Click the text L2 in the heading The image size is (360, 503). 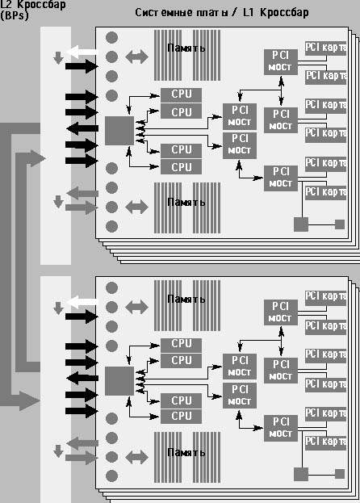(x=6, y=4)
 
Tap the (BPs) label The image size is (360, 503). (x=15, y=15)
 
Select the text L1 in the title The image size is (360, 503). (x=248, y=12)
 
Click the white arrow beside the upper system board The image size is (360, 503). (x=82, y=52)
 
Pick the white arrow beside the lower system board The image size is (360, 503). (x=82, y=302)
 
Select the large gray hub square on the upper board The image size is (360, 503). (x=119, y=131)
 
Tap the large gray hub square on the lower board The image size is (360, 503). (x=119, y=381)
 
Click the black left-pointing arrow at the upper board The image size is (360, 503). (x=82, y=128)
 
